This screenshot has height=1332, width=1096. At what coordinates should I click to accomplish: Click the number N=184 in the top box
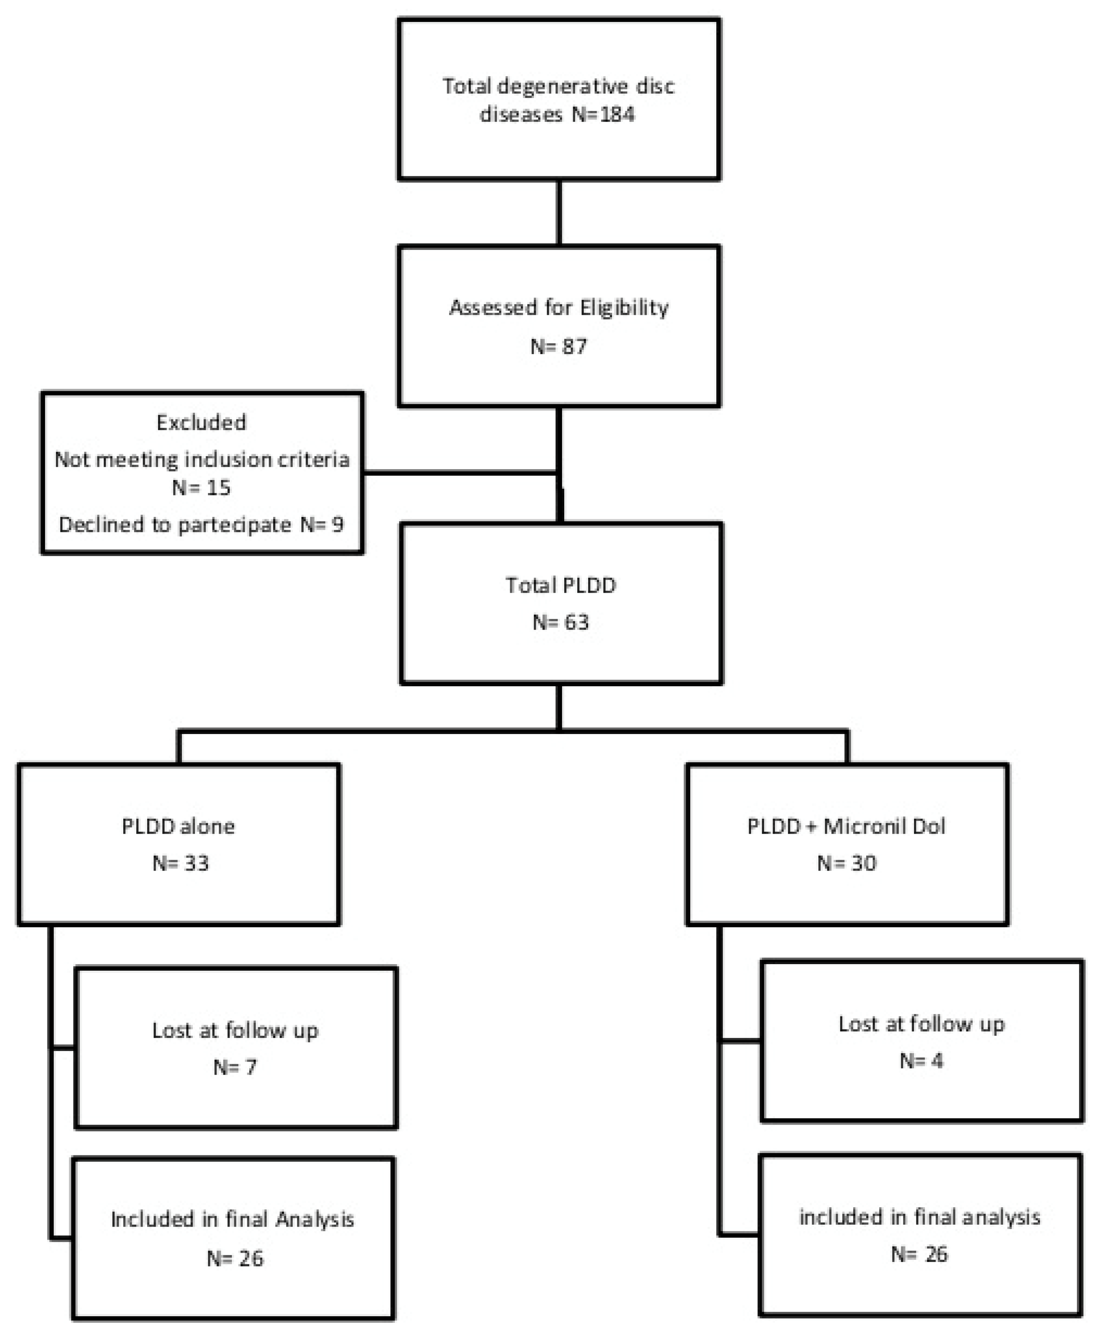[x=603, y=114]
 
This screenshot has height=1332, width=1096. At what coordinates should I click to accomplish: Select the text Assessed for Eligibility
[x=559, y=307]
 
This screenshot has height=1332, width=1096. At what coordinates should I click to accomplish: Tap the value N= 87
[x=559, y=346]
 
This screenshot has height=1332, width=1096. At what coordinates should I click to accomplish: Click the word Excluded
[x=201, y=422]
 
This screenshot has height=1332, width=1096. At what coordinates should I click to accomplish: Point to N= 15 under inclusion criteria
[x=201, y=488]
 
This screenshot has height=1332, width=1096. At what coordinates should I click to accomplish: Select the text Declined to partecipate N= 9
[x=201, y=524]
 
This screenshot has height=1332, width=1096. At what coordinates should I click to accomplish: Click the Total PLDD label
[x=561, y=585]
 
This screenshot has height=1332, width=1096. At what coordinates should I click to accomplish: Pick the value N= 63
[x=561, y=622]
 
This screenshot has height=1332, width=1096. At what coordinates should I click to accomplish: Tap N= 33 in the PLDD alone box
[x=180, y=863]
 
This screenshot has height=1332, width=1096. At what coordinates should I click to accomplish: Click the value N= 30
[x=847, y=863]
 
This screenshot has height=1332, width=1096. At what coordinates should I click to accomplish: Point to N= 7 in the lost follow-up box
[x=235, y=1067]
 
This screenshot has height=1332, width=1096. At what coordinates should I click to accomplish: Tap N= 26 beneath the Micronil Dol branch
[x=919, y=1254]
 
